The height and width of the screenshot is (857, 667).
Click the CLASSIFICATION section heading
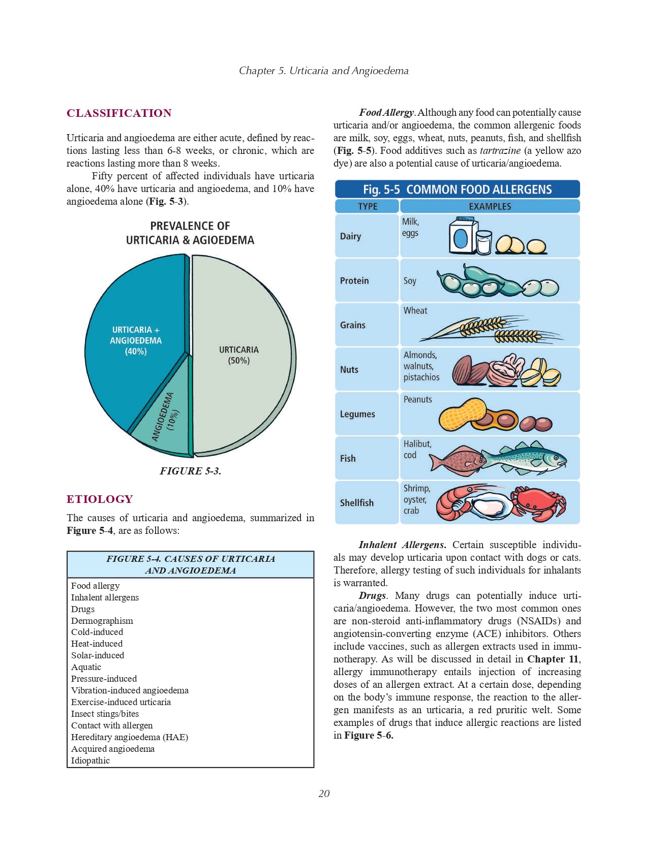click(119, 113)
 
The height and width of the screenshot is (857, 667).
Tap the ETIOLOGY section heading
click(100, 499)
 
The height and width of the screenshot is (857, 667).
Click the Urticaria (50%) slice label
click(238, 355)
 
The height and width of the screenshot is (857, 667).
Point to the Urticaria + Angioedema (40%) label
click(136, 340)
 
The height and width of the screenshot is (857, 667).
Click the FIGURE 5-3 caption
click(190, 471)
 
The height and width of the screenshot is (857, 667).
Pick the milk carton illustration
click(463, 236)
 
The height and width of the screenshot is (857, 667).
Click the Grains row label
click(353, 325)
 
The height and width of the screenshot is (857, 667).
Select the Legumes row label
click(357, 414)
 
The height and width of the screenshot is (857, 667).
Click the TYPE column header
click(368, 206)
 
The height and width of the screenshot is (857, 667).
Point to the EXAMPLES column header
click(490, 206)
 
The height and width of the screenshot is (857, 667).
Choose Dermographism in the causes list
click(102, 621)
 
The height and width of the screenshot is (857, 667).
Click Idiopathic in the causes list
click(90, 760)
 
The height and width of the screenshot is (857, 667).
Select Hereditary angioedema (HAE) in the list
click(130, 737)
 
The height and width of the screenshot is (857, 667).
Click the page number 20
click(324, 793)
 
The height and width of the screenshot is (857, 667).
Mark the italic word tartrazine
click(500, 151)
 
